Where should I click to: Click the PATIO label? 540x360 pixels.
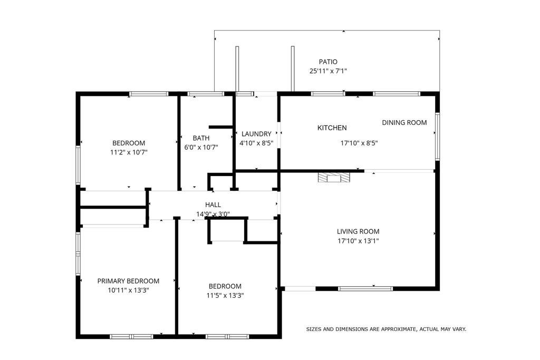click(328, 62)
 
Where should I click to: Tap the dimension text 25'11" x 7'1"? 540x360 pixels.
click(328, 71)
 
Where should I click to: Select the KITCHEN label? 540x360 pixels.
click(332, 128)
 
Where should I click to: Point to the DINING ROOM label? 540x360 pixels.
click(404, 123)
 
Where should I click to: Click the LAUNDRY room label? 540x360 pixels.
click(256, 134)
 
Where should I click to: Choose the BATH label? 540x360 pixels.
click(190, 138)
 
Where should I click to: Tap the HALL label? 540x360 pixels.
click(213, 205)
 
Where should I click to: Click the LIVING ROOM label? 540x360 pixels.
click(358, 231)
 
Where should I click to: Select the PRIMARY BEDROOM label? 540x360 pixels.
click(128, 281)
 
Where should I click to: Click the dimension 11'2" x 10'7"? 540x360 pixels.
click(128, 152)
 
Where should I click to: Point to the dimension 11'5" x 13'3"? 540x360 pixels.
click(225, 296)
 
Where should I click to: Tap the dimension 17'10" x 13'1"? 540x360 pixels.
click(358, 241)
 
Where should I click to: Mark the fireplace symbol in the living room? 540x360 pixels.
click(333, 178)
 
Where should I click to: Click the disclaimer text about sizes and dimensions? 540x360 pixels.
click(386, 329)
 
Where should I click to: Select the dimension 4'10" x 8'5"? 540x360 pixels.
click(256, 143)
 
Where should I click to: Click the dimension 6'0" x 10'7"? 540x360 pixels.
click(200, 148)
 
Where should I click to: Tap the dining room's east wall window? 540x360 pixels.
click(437, 135)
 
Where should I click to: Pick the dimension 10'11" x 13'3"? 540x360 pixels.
click(128, 290)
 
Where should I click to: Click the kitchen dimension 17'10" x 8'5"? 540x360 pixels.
click(359, 143)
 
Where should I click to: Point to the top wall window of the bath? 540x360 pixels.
click(206, 94)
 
